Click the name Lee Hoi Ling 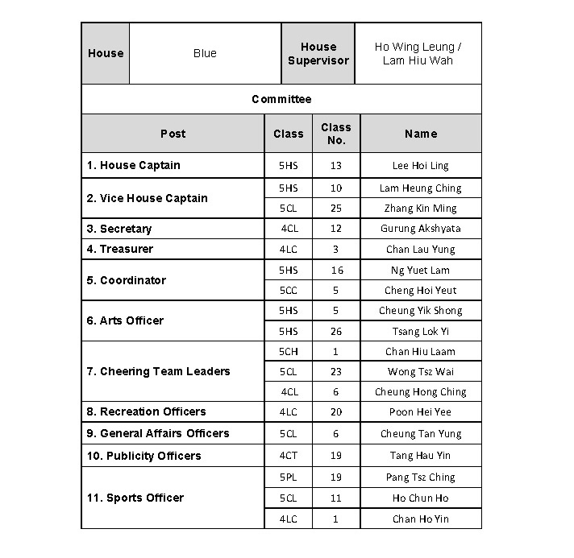point(420,166)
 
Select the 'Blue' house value point(205,54)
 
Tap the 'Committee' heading point(281,99)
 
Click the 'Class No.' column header point(335,134)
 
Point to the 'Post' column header point(173,134)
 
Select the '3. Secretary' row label point(119,229)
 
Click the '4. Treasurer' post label point(120,249)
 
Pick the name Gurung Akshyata point(420,229)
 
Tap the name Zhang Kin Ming point(420,209)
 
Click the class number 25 point(335,209)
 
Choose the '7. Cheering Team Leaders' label point(159,371)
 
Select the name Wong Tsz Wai point(420,372)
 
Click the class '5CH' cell point(288,351)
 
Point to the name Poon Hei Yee point(420,412)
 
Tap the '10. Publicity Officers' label point(144,456)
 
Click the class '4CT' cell point(288,456)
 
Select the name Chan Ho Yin point(420,519)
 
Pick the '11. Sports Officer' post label point(135,498)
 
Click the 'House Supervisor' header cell point(318,54)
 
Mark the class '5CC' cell point(288,291)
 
